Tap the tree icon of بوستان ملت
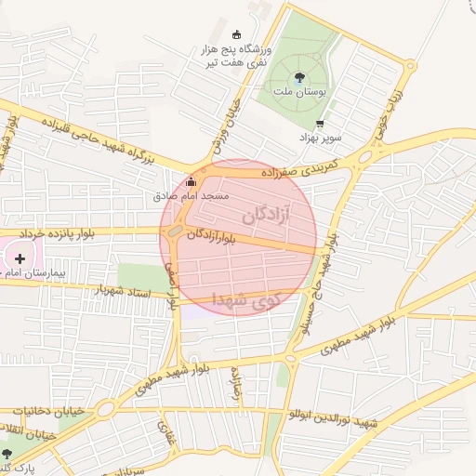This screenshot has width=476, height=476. tap(300, 79)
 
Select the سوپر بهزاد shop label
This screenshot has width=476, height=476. tap(322, 138)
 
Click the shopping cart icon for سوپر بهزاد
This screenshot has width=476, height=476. tap(321, 124)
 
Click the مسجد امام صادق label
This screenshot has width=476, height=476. tap(192, 197)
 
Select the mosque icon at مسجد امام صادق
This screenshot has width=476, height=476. tap(192, 181)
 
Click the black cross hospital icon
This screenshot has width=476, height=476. tap(20, 258)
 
